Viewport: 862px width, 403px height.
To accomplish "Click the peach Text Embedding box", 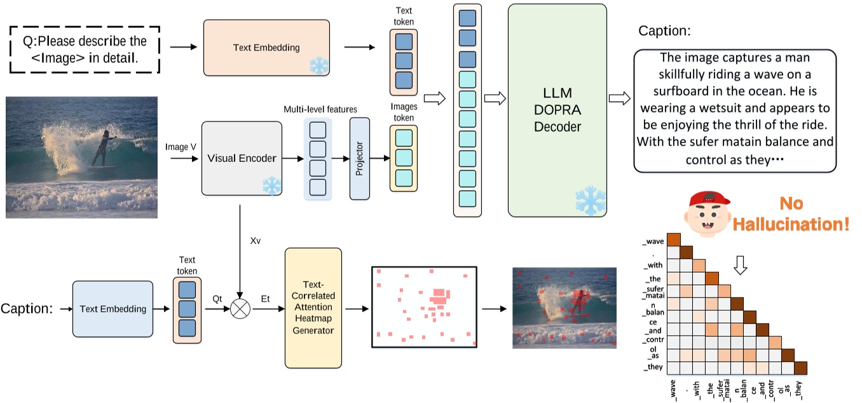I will pyautogui.click(x=266, y=48).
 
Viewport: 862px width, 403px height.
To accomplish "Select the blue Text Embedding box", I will pyautogui.click(x=113, y=309).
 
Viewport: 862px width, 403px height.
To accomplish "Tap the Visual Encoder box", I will pyautogui.click(x=242, y=158).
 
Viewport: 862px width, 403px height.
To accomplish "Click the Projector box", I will pyautogui.click(x=359, y=159).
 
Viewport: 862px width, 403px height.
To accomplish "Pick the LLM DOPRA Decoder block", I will pyautogui.click(x=557, y=109).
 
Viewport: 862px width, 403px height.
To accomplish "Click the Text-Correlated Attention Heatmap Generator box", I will pyautogui.click(x=313, y=308).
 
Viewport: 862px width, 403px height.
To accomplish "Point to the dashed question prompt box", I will pyautogui.click(x=85, y=50).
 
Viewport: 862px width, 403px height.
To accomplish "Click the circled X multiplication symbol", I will pyautogui.click(x=240, y=310).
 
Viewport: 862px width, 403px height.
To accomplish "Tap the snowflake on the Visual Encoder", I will pyautogui.click(x=271, y=186).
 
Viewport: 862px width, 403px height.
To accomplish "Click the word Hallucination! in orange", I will pyautogui.click(x=790, y=224).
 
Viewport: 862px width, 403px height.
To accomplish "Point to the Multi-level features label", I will pyautogui.click(x=320, y=109).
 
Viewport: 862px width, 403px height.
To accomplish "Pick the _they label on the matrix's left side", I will pyautogui.click(x=653, y=367).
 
